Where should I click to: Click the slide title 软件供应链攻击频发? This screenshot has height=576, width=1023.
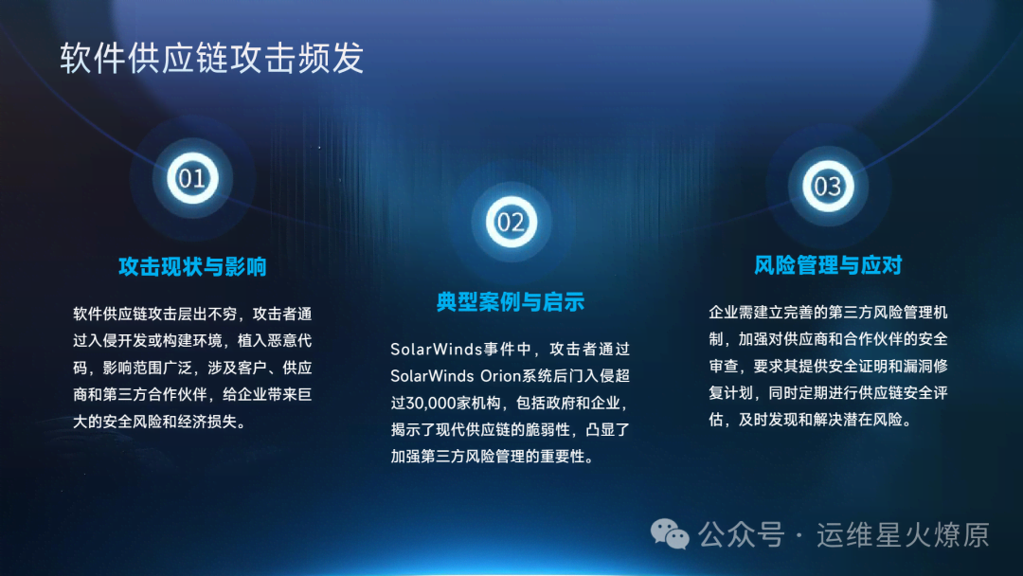click(212, 58)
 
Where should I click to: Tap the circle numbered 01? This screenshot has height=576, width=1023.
click(191, 178)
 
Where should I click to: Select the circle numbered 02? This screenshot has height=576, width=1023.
click(511, 223)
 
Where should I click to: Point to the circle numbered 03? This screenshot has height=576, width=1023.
click(827, 187)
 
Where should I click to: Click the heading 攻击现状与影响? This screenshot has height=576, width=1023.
click(192, 267)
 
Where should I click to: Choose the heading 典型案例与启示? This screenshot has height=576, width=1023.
click(511, 302)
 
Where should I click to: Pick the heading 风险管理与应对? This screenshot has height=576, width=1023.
click(828, 265)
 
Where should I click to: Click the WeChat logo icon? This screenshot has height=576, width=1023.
click(670, 534)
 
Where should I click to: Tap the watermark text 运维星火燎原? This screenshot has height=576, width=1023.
click(903, 535)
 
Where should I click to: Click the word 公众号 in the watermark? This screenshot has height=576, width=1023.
click(741, 535)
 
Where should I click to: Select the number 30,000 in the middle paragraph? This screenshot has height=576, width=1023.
click(431, 404)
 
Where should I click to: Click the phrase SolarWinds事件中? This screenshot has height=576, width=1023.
click(461, 350)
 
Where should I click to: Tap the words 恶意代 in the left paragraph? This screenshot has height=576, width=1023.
click(290, 341)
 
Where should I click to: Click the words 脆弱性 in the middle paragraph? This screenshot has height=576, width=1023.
click(548, 430)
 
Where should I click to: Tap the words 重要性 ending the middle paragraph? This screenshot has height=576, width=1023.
click(563, 457)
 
